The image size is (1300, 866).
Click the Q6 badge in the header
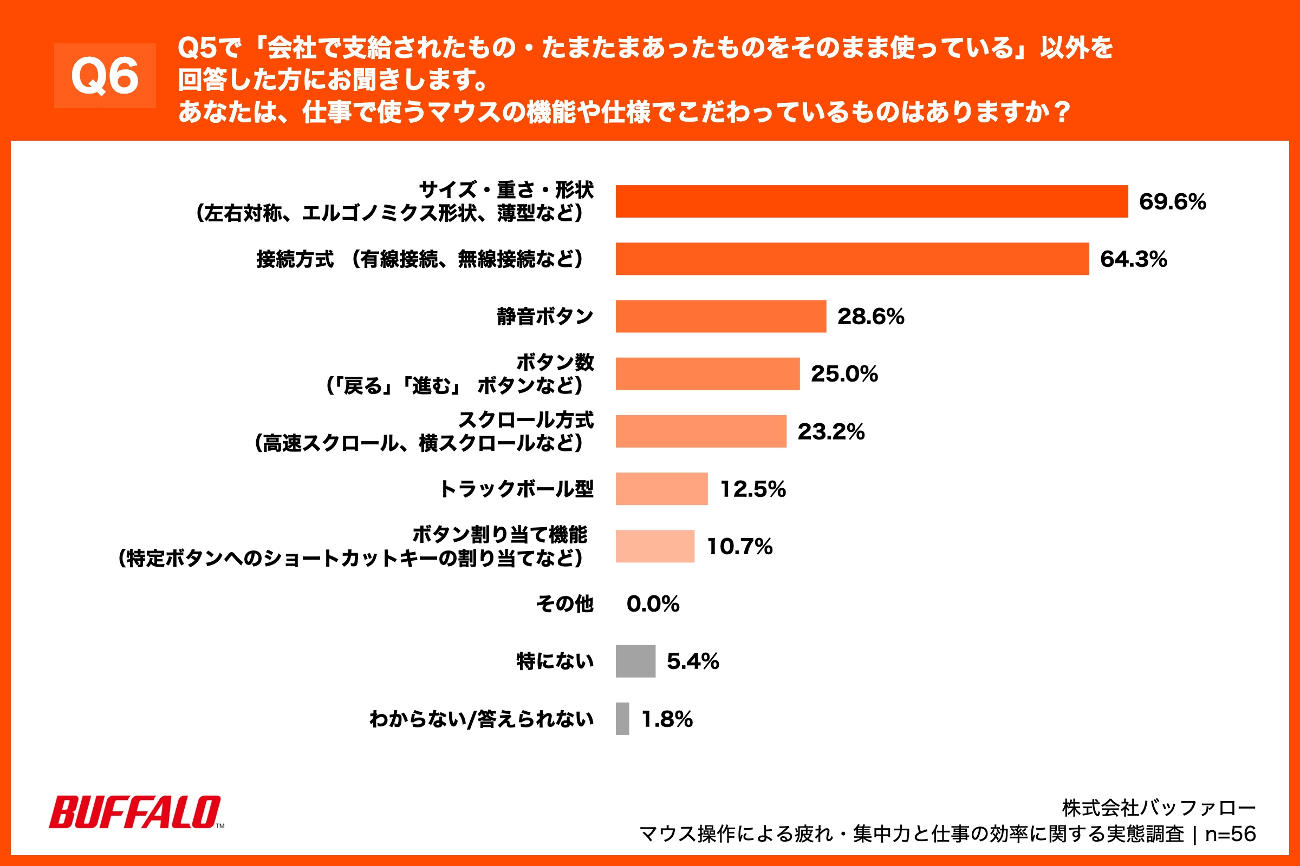(x=105, y=76)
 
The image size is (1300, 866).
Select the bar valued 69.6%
(x=871, y=201)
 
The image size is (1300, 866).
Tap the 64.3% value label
(x=1133, y=259)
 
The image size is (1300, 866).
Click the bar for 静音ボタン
(x=720, y=317)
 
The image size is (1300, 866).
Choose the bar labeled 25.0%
(x=707, y=374)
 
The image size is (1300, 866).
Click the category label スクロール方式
(x=525, y=420)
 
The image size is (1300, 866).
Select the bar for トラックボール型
(x=661, y=489)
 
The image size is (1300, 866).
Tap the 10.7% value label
(x=739, y=547)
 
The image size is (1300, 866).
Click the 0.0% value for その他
(x=652, y=603)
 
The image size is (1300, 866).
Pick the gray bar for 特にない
(x=635, y=661)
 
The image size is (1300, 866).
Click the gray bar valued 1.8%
(x=622, y=719)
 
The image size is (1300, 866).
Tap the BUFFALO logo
(x=136, y=812)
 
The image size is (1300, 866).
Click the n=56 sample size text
(x=1230, y=834)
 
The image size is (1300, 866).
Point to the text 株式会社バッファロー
(x=1159, y=808)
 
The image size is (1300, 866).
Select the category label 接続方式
(x=295, y=259)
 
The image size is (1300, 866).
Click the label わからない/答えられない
(x=481, y=719)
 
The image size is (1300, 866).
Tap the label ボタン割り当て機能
(x=499, y=535)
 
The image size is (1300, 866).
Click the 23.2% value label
(x=830, y=431)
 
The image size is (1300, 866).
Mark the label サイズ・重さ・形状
(x=506, y=190)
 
